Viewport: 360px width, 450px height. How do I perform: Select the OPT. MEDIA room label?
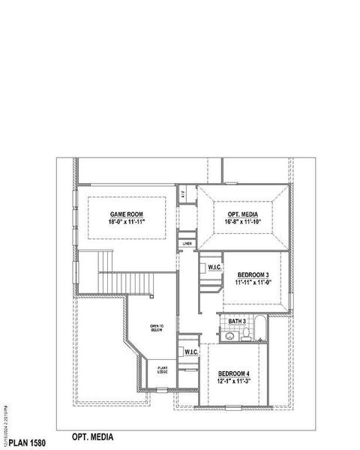click(243, 214)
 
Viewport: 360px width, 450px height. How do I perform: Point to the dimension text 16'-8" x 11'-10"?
click(243, 223)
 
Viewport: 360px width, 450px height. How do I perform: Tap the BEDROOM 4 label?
click(232, 373)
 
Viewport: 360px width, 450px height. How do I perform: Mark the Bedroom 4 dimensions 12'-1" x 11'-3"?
click(232, 382)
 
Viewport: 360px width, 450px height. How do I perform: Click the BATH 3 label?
click(236, 322)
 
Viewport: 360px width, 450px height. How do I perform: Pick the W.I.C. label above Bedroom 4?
click(190, 352)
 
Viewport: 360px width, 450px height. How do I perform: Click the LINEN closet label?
click(187, 244)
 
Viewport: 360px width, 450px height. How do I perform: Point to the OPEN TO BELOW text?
click(157, 327)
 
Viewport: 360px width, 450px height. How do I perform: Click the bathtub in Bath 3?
click(259, 329)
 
